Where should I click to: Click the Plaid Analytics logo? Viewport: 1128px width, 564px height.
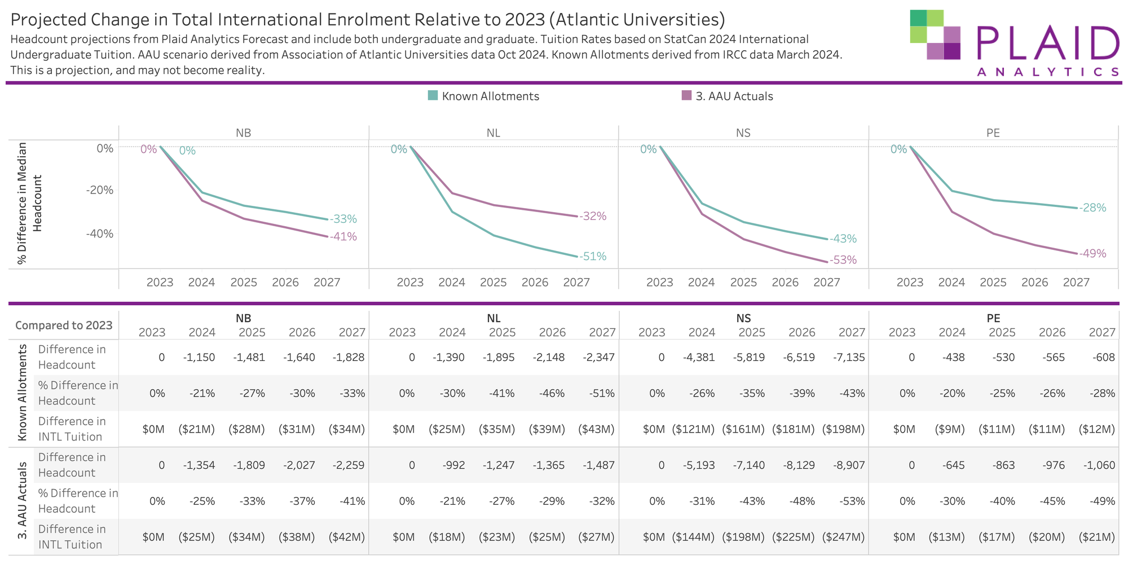(x=1014, y=43)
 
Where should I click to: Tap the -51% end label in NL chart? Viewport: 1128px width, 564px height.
(x=593, y=257)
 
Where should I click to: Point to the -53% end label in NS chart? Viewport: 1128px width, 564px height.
(x=843, y=260)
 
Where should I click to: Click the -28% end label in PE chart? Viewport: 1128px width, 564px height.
(x=1093, y=208)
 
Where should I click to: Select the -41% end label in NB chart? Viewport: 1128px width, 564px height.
(x=343, y=237)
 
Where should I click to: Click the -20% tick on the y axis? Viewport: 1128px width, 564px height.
(x=100, y=190)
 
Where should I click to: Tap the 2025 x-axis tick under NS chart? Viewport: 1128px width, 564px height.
(x=743, y=283)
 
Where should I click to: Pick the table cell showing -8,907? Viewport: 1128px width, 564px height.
(x=849, y=465)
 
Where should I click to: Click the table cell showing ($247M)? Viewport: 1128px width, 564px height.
(x=843, y=537)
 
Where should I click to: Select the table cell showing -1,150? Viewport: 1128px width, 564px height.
(x=199, y=357)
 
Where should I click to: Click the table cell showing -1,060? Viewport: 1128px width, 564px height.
(x=1099, y=465)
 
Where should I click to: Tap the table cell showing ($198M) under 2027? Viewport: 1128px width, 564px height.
(x=843, y=429)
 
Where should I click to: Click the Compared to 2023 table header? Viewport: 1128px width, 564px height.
(x=64, y=325)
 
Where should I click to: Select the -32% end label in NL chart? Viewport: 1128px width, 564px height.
(x=593, y=217)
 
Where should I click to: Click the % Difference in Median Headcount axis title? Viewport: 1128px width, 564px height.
(x=29, y=203)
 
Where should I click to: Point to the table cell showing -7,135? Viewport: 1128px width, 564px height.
(x=849, y=357)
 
